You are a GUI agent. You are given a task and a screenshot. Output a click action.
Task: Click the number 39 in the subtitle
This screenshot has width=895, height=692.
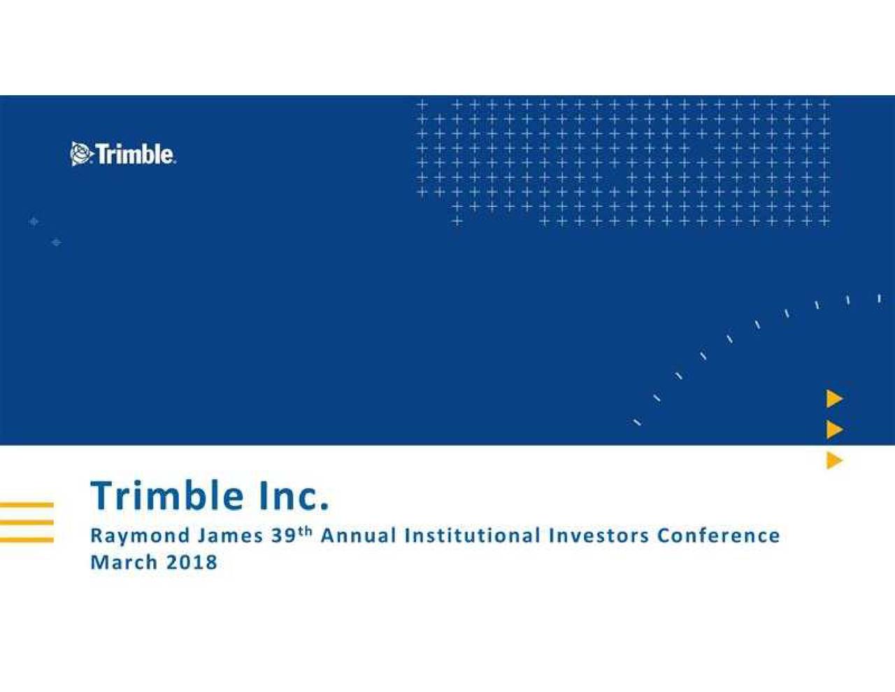click(x=284, y=536)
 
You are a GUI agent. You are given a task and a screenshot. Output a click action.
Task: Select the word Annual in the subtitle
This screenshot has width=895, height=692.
click(x=358, y=536)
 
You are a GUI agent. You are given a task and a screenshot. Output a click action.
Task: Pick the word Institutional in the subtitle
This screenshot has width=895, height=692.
click(x=472, y=536)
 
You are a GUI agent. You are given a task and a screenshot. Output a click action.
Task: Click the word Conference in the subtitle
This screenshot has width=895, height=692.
click(x=718, y=536)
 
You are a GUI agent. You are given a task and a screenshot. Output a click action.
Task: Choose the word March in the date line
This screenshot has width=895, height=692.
click(x=124, y=562)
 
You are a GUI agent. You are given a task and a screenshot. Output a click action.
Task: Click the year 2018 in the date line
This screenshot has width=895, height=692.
click(x=192, y=562)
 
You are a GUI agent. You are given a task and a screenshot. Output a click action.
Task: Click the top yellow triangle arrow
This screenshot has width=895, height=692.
click(x=834, y=399)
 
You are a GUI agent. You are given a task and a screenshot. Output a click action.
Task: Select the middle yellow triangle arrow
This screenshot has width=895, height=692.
click(x=834, y=430)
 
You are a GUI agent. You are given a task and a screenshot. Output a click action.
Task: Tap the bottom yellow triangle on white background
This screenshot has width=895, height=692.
click(x=834, y=460)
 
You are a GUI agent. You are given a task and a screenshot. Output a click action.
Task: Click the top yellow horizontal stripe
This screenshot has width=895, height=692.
click(x=27, y=505)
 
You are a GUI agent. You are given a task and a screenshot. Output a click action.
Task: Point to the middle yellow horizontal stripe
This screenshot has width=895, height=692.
click(x=27, y=522)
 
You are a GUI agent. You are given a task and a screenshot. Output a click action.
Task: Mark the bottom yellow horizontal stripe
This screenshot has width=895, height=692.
click(x=27, y=539)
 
